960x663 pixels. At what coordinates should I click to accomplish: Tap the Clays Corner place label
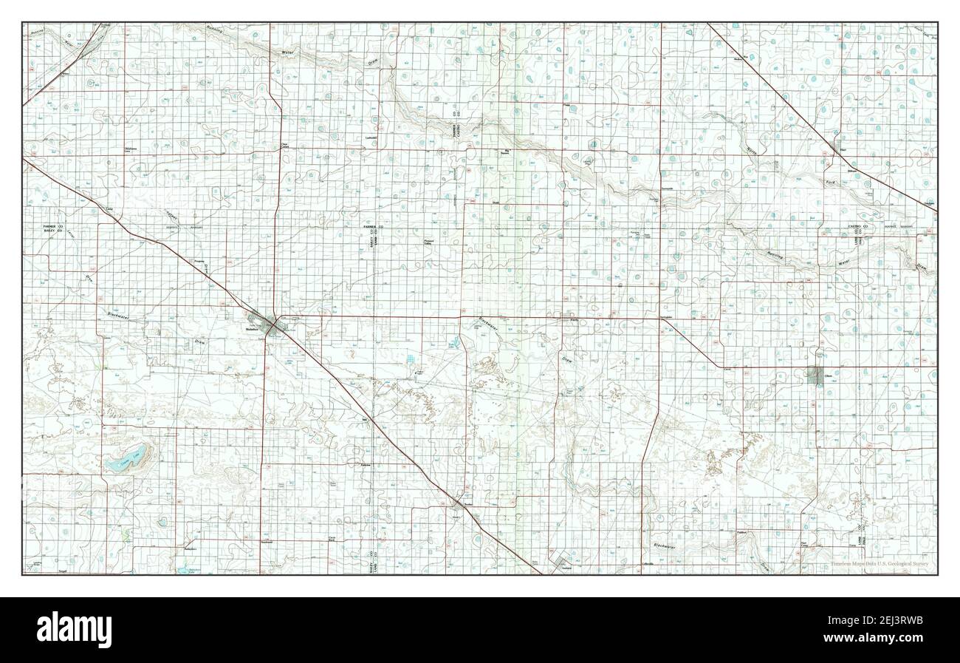point(284,146)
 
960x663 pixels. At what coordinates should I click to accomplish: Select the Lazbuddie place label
point(371,138)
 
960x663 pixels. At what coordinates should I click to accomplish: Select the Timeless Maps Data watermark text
point(878,564)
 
